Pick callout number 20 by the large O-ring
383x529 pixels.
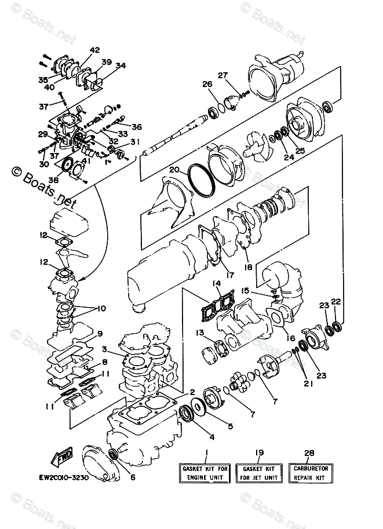click(x=174, y=171)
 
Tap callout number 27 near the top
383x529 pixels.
click(x=223, y=75)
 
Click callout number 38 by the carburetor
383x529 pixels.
click(x=53, y=180)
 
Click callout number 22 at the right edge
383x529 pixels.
click(x=337, y=302)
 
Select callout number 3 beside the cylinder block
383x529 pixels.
click(x=104, y=349)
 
